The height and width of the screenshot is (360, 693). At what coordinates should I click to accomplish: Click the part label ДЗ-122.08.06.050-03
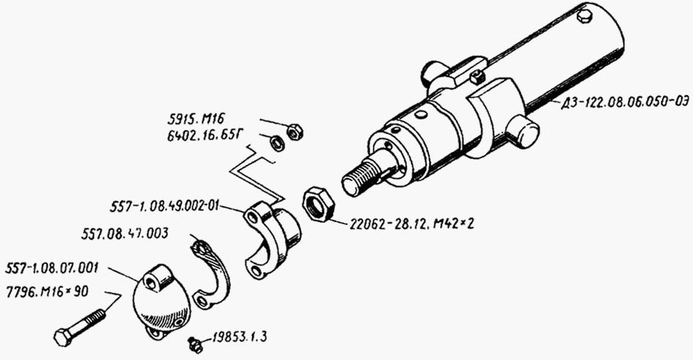coord(625,103)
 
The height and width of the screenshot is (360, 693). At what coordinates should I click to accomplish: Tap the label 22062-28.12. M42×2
coord(412,224)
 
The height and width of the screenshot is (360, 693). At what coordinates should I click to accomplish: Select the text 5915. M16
coord(196,118)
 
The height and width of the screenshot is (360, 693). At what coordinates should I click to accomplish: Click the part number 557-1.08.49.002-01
coord(164,206)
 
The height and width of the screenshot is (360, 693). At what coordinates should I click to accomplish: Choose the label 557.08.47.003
coord(125,233)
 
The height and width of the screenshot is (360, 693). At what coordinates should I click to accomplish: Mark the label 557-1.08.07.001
coord(52,268)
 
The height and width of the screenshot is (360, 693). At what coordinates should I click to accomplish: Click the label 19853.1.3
coord(239,337)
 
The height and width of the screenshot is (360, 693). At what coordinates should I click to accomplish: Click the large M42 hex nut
coord(318,204)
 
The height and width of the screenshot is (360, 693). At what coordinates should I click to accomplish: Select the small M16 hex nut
coord(294,131)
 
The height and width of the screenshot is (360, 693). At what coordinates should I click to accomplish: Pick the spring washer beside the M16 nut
coord(277,143)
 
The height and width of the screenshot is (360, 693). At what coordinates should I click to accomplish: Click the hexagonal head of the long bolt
coord(63,338)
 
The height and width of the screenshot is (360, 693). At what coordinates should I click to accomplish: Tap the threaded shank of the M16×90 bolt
coord(89,322)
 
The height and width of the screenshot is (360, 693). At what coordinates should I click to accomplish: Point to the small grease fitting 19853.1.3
coord(195,345)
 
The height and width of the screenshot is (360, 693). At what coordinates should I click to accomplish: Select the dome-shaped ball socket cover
coord(162,301)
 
